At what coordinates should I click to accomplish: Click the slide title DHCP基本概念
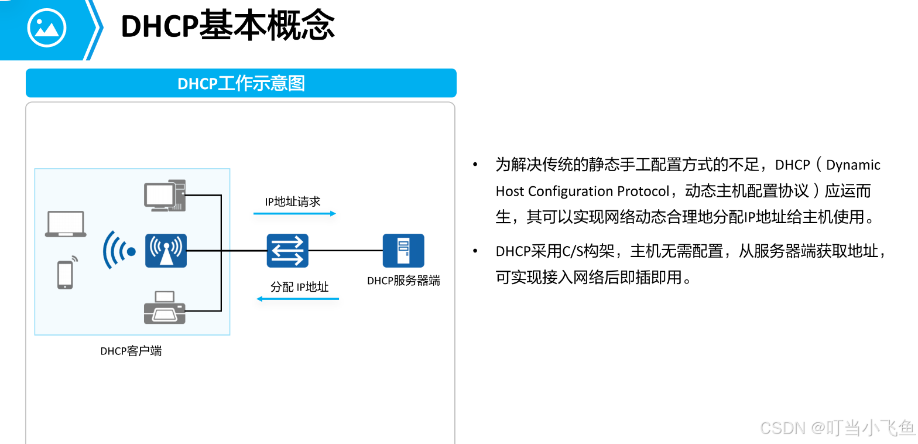coord(228,26)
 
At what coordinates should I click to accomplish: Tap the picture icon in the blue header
coord(46,28)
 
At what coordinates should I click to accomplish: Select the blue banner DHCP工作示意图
coord(241,83)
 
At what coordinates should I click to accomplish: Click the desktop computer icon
coord(165,196)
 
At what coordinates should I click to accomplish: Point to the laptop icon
coord(66,224)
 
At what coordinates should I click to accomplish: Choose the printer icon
coord(165,308)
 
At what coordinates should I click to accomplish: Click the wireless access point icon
coord(166,251)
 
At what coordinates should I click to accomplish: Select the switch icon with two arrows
coord(287,251)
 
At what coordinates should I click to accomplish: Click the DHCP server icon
coord(403,251)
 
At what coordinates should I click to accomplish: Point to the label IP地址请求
coord(293,201)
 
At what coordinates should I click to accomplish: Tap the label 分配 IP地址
coord(300,287)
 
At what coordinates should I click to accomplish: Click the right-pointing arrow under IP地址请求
coord(294,214)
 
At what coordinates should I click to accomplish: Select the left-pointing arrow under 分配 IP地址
coord(297,299)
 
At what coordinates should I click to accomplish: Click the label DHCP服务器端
coord(404,281)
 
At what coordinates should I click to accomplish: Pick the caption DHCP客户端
coord(131,351)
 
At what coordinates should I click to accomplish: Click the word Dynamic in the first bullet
coord(853,165)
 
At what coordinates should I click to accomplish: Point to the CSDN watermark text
coord(837,428)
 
